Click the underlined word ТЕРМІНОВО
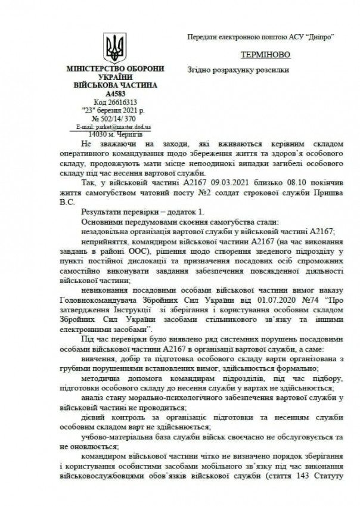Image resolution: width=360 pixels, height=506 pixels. point(265,54)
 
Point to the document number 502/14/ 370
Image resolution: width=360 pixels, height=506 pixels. point(118,119)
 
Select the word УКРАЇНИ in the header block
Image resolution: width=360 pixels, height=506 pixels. point(113,77)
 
